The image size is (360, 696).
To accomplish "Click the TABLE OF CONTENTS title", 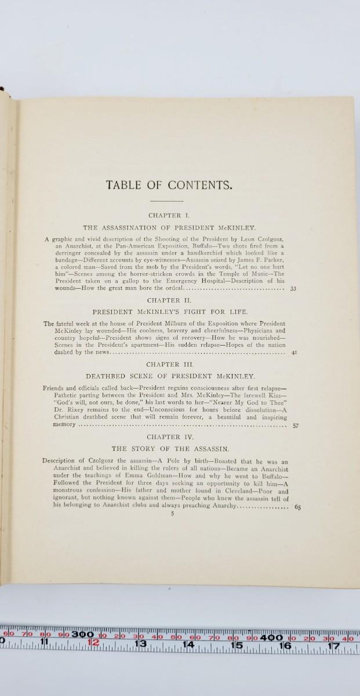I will tap(169, 186).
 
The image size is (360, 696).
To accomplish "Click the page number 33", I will tap(293, 288).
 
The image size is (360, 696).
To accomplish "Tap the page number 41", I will tap(294, 352).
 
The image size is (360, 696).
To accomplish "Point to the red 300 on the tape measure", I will tap(82, 635).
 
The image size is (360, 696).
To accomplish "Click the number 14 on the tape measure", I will tap(188, 645).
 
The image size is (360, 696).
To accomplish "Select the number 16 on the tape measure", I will tap(284, 645).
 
